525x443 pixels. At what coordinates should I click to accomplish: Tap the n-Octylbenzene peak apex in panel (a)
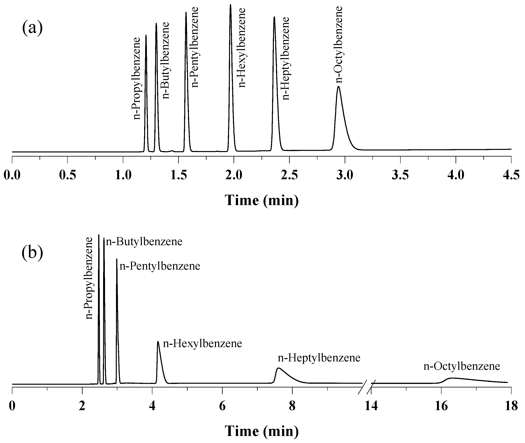[x=338, y=87]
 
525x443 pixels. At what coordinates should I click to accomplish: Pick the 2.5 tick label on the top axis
[x=289, y=175]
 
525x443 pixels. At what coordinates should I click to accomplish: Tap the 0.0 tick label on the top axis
[x=12, y=175]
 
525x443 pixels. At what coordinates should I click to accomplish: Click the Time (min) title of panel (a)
[x=262, y=200]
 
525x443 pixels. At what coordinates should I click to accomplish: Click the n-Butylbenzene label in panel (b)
[x=144, y=242]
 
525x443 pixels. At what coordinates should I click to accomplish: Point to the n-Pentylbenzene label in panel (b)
[x=160, y=266]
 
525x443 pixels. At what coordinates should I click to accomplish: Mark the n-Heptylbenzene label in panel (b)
[x=319, y=358]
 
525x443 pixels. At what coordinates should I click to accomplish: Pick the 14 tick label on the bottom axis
[x=371, y=406]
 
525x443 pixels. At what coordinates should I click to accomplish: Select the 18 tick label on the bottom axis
[x=511, y=406]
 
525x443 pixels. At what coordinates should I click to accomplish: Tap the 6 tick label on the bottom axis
[x=222, y=406]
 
